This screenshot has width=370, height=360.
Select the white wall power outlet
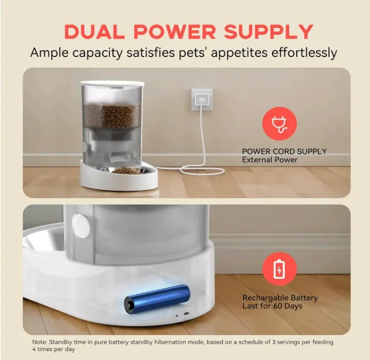[x=202, y=99]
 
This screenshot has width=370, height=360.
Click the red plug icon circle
[x=279, y=123]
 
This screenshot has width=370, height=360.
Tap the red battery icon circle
[x=279, y=269]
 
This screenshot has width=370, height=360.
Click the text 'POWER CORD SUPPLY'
[x=284, y=151]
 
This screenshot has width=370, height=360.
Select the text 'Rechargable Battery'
[x=280, y=298]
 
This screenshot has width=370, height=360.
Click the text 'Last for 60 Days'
[x=272, y=306]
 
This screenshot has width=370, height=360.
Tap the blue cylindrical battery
[x=158, y=298]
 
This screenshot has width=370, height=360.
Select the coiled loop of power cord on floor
[x=200, y=170]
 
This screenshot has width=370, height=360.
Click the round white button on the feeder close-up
[x=81, y=226]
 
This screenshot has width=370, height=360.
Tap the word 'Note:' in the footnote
[x=40, y=342]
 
